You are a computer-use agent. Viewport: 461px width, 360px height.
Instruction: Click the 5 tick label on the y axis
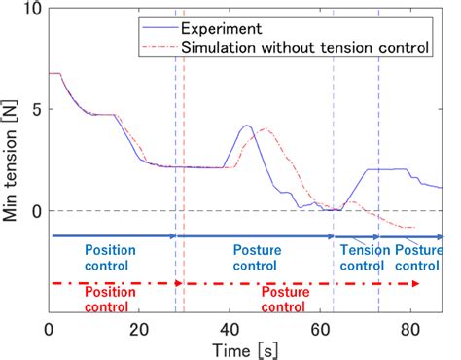coord(36,110)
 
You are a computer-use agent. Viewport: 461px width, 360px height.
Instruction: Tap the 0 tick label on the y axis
coord(36,211)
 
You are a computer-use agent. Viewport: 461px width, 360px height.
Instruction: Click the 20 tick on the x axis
coord(139,328)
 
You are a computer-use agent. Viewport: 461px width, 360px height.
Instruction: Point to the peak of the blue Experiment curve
coord(247,126)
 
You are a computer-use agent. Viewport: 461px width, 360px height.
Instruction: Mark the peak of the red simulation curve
coord(264,129)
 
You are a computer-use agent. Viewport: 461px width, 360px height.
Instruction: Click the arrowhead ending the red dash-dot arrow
coord(417,283)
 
